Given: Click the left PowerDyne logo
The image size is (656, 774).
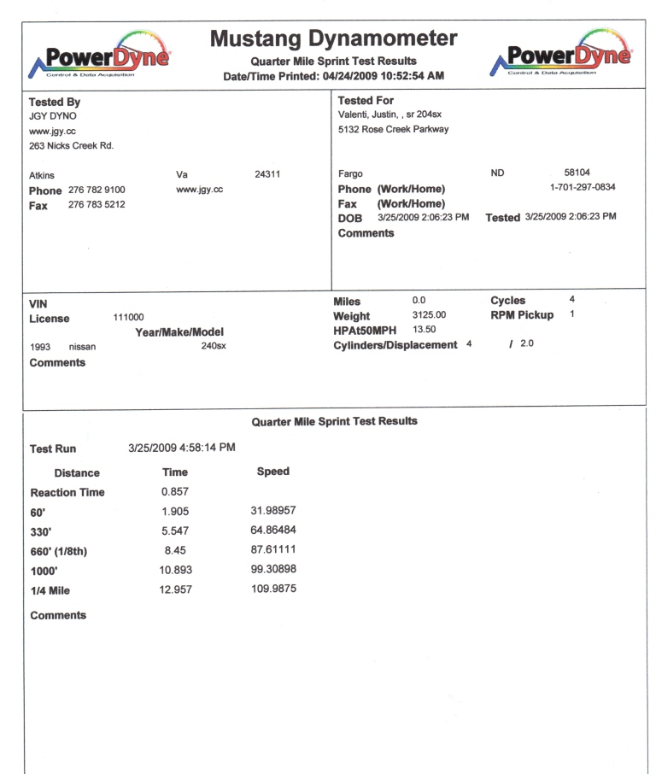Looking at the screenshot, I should (100, 55).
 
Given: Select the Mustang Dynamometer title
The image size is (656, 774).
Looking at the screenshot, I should (333, 39).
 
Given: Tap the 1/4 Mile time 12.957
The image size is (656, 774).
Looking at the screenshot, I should (177, 590).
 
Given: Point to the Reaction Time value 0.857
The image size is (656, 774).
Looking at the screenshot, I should (175, 491).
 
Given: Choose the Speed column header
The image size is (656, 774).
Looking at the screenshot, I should (272, 472).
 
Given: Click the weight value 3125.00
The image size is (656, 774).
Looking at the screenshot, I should (429, 315).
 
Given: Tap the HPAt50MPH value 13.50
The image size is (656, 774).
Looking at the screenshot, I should (425, 329).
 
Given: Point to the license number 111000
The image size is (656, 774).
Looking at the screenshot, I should (128, 318).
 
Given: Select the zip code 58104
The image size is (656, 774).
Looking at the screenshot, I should (577, 173).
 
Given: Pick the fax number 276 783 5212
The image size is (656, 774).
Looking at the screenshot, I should (97, 205).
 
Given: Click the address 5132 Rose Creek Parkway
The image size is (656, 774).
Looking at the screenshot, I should (393, 130).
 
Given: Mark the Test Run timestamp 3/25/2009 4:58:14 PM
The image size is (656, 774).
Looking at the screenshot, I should (182, 448).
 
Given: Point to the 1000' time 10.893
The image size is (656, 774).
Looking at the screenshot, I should (177, 571).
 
